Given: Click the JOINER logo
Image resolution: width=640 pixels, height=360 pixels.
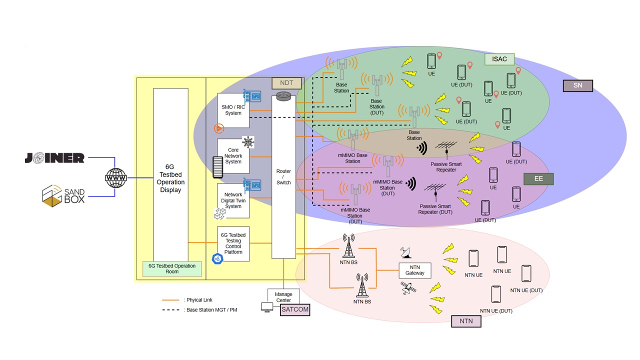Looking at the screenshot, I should coord(54,158).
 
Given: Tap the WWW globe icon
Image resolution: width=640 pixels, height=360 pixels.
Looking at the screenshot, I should coord(116,177).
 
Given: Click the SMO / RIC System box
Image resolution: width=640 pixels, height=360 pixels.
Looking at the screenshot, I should coord(233,110).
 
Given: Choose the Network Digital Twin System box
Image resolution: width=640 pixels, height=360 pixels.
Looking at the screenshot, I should coord(233,200).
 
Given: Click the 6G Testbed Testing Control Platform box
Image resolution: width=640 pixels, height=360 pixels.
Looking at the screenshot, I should coord(233,243).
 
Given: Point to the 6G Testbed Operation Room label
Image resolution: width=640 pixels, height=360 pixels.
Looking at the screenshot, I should coord(172,269).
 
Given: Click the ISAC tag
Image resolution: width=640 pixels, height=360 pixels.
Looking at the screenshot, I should coord(499,59).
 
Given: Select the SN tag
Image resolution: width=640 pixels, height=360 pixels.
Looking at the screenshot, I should coord(577,85).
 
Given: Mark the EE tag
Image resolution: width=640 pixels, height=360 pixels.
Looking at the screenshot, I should coord(538,178).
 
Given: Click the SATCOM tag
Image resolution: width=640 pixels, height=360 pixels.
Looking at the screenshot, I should coord(295,310).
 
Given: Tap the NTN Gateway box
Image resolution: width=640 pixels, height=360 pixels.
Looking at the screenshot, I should coord(414,270).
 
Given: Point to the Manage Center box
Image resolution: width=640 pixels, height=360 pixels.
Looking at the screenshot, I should coord(283,297).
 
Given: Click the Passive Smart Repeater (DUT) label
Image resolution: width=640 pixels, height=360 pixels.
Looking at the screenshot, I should coord(435,209).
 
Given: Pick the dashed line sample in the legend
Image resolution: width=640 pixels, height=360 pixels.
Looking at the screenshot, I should coord(170,310).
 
